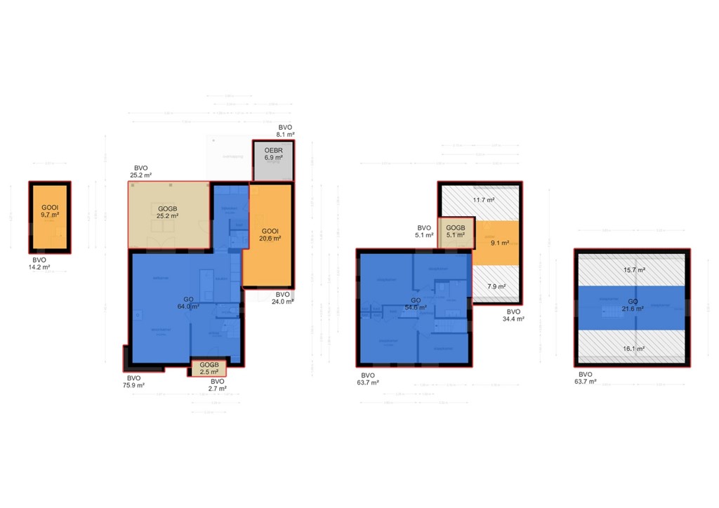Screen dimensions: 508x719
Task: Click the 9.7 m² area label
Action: [x=50, y=215]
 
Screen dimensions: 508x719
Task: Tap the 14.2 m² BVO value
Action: [x=41, y=267]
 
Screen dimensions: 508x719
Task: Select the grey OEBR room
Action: [x=272, y=160]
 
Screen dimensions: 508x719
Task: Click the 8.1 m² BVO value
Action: [x=285, y=134]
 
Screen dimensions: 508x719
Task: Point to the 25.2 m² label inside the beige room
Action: [x=168, y=215]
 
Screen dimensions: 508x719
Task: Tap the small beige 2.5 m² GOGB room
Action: [x=209, y=368]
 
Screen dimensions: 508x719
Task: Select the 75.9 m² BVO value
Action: [x=134, y=385]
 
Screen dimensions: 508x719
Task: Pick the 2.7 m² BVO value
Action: [x=217, y=388]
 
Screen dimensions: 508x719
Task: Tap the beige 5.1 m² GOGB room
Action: [x=456, y=232]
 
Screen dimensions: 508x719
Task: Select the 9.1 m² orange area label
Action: [x=499, y=243]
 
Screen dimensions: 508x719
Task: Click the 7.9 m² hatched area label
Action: [x=496, y=286]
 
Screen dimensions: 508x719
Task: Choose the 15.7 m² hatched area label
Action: [x=633, y=269]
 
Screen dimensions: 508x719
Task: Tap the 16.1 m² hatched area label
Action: [x=633, y=348]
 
